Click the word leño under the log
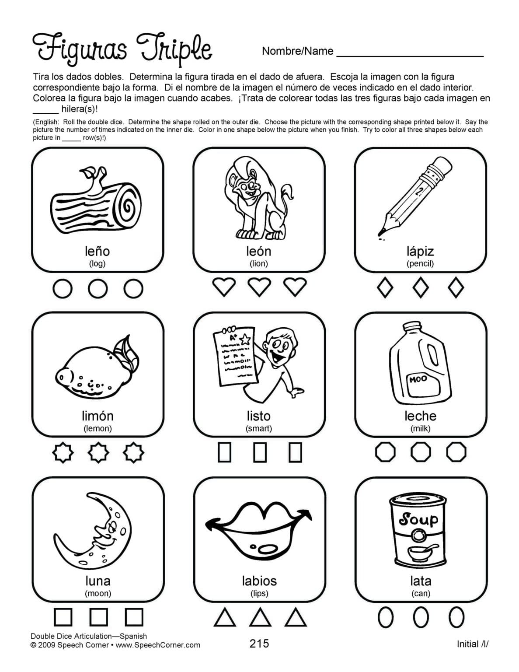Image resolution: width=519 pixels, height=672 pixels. [97, 251]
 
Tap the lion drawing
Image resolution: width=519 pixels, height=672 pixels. [256, 199]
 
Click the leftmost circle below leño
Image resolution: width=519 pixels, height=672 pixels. [62, 289]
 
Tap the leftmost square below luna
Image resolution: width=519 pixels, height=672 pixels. [63, 617]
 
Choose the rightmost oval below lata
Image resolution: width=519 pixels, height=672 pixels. [456, 617]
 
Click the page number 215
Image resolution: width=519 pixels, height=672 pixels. [259, 643]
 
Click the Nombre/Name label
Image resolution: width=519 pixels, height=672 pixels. [297, 51]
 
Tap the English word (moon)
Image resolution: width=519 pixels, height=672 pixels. [98, 593]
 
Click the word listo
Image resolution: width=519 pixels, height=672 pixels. [259, 416]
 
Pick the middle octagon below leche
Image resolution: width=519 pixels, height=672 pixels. [421, 452]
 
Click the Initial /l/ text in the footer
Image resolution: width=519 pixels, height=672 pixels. [473, 644]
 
